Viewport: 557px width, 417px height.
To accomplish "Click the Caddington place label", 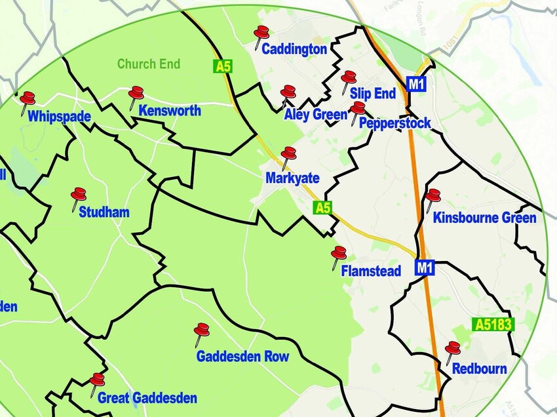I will pyautogui.click(x=294, y=49).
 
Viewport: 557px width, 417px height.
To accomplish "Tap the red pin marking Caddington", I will pyautogui.click(x=261, y=33).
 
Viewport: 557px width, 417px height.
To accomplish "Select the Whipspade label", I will pyautogui.click(x=59, y=117).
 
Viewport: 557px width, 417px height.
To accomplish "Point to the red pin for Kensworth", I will pyautogui.click(x=136, y=94).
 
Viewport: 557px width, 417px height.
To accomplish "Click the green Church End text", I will pyautogui.click(x=149, y=64).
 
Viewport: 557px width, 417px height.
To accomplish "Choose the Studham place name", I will pyautogui.click(x=104, y=212).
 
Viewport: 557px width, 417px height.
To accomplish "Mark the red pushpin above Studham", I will pyautogui.click(x=79, y=195).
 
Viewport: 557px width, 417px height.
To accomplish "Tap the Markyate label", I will pyautogui.click(x=292, y=178).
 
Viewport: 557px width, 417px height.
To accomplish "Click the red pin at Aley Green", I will pyautogui.click(x=288, y=93).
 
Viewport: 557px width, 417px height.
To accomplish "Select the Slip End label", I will pyautogui.click(x=373, y=94).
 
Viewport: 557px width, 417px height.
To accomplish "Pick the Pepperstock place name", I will pyautogui.click(x=395, y=123).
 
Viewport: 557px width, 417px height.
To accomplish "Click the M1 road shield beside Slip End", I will pyautogui.click(x=416, y=84).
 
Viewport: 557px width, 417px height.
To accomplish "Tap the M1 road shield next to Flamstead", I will pyautogui.click(x=425, y=268).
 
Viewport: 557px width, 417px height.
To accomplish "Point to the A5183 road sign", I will pyautogui.click(x=493, y=325).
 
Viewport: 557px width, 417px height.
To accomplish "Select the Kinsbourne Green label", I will pyautogui.click(x=485, y=218).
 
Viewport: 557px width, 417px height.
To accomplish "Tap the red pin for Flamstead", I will pyautogui.click(x=339, y=254).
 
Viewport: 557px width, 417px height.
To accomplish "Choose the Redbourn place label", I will pyautogui.click(x=480, y=368).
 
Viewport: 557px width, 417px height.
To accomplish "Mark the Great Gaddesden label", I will pyautogui.click(x=147, y=398).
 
